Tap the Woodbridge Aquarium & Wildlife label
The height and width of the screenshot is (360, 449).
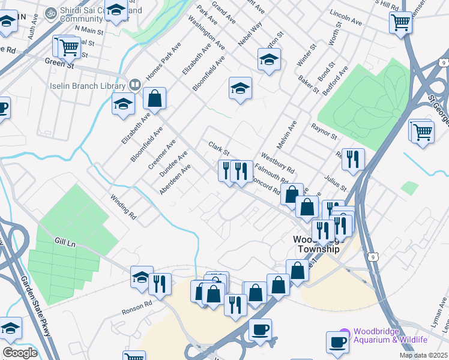point(390,335)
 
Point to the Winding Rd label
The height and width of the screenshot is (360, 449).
point(123,205)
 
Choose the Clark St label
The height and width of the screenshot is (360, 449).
point(218,147)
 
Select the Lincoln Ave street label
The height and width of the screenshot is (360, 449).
point(346,17)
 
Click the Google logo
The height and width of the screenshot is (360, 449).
point(20,352)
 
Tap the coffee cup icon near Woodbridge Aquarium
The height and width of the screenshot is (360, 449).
point(337,341)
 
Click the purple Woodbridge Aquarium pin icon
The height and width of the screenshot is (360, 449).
point(345,331)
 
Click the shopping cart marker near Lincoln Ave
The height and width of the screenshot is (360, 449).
point(400,22)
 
